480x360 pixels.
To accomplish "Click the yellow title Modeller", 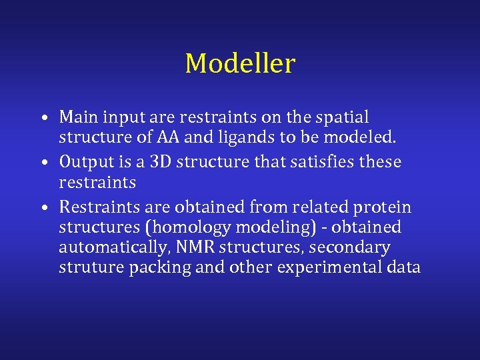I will pyautogui.click(x=239, y=64).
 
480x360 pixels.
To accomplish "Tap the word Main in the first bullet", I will pyautogui.click(x=76, y=117).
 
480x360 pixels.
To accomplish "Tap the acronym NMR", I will pyautogui.click(x=193, y=247).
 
